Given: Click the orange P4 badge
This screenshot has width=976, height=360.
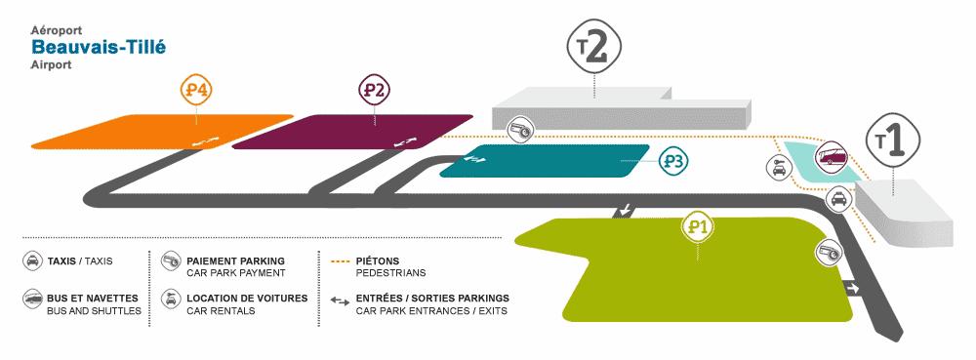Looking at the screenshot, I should tap(197, 91).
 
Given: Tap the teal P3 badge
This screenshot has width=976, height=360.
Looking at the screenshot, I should tap(671, 161).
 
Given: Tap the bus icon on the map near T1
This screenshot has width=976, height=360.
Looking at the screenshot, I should tap(833, 156).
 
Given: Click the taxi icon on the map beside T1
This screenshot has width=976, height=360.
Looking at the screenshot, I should tap(837, 200).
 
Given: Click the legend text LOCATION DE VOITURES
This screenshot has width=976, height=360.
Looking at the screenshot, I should tap(247, 298).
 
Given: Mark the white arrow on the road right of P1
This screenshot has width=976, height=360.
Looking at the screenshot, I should tap(850, 288).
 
